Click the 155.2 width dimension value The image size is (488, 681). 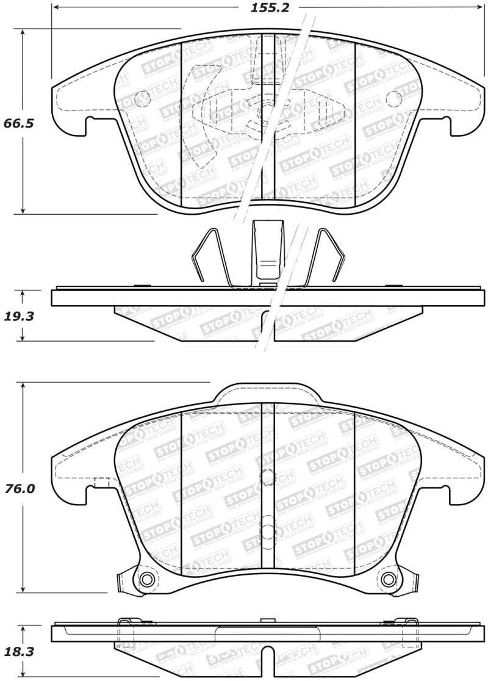268,8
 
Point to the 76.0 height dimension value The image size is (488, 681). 18,489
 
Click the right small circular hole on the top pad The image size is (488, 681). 394,97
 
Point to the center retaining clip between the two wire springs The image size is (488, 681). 267,250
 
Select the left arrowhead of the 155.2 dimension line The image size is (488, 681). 55,8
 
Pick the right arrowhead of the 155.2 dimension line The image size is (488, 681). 479,8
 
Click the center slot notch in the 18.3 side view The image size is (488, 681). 267,665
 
